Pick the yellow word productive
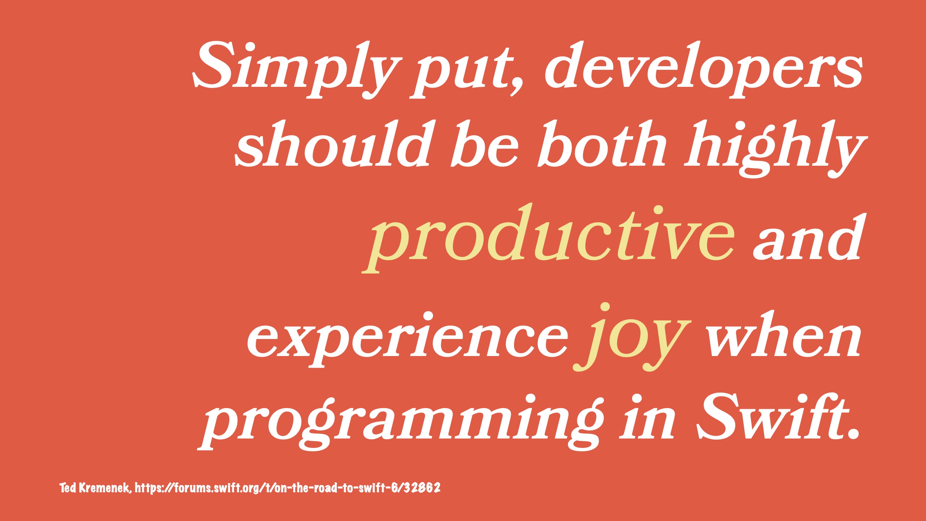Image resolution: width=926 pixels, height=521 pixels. [x=548, y=237]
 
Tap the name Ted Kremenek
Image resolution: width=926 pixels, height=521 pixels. [x=94, y=488]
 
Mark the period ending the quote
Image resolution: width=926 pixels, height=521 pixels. [x=853, y=433]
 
